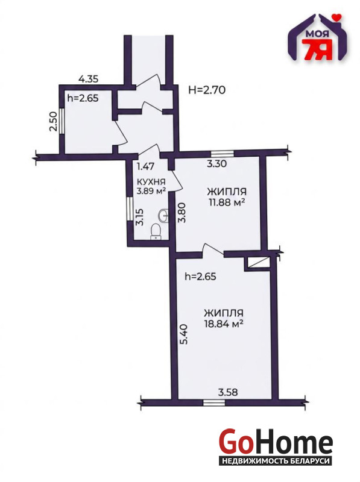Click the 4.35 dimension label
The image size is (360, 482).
coord(88,79)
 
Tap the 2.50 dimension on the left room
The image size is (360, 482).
coord(53,122)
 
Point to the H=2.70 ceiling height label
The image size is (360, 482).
coord(207,90)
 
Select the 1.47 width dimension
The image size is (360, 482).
coord(145,167)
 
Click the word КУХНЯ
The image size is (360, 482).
coord(151,182)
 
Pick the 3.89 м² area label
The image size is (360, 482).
coord(151,191)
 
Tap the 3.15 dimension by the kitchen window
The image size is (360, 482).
coord(141,218)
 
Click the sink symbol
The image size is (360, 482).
coord(163,215)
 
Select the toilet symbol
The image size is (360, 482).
coord(156,232)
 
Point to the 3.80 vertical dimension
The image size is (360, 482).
coord(183,213)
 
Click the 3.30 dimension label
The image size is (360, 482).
coord(216,163)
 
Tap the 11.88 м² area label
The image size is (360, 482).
coord(226,202)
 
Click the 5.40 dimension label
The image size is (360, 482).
coord(183,334)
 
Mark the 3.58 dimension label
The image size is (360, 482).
coord(228,392)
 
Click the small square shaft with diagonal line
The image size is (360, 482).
coord(257,263)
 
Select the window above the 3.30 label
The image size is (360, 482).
coord(223,153)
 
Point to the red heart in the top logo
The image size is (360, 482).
coord(338,17)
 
